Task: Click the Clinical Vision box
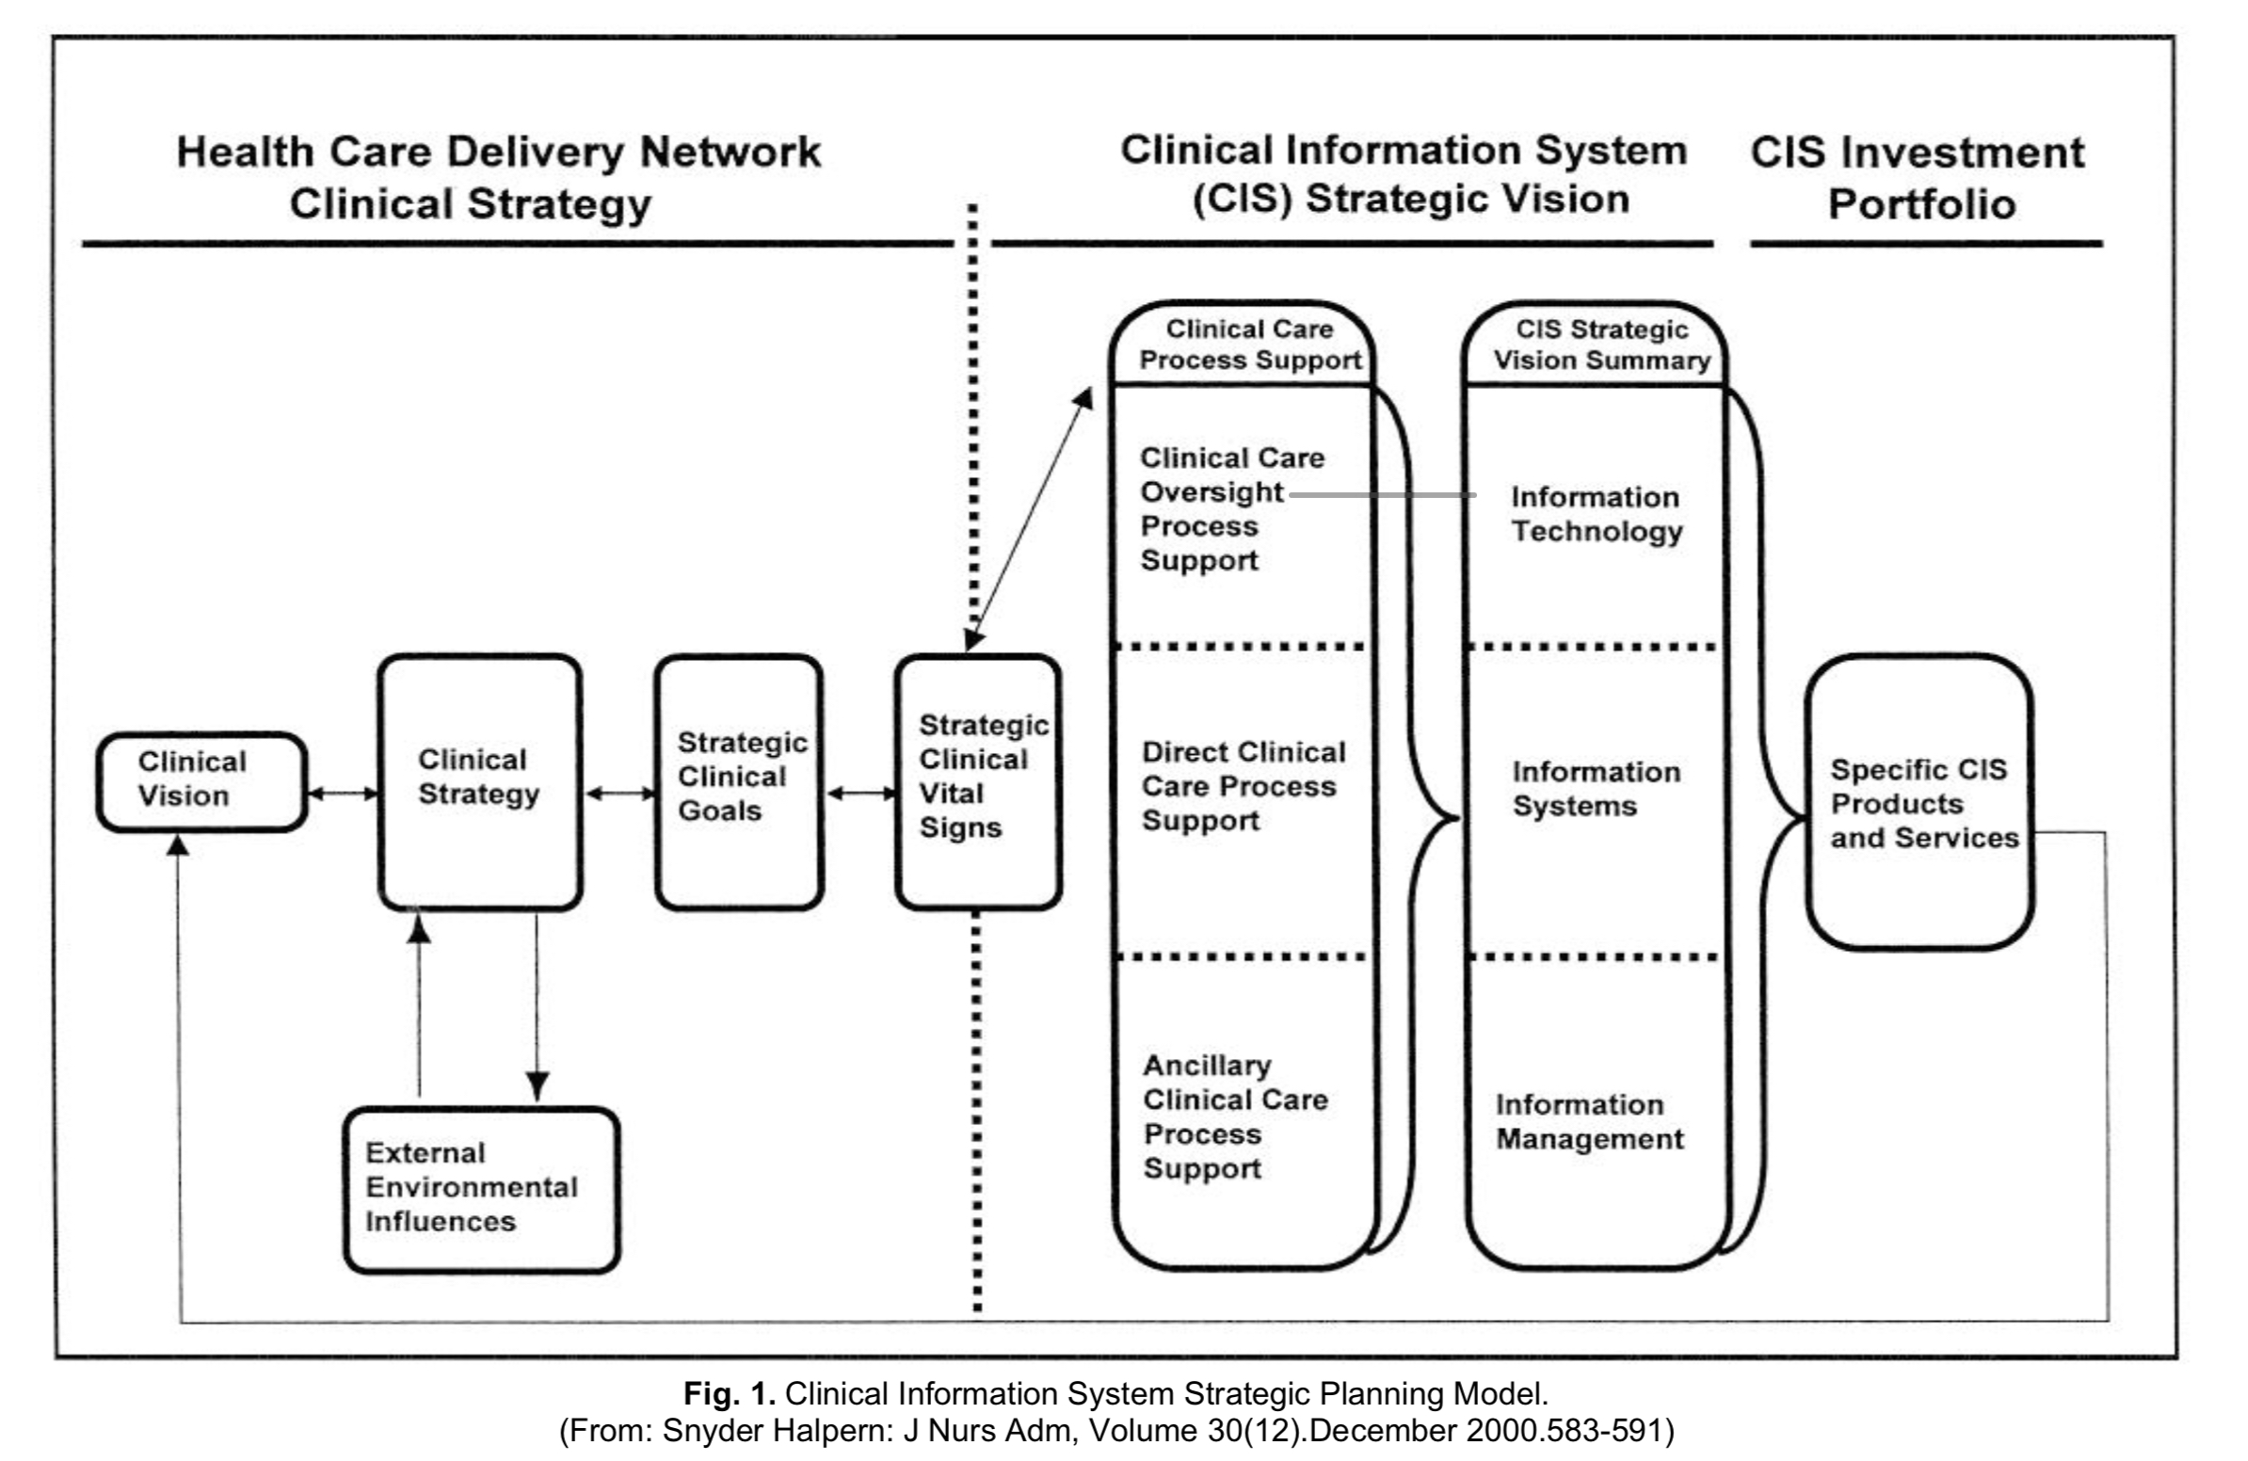coord(201,781)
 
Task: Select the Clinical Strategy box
coord(480,781)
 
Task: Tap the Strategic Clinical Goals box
coord(740,781)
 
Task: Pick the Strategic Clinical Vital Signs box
coord(978,781)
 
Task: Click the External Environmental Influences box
coord(482,1189)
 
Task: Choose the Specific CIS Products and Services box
coord(1919,803)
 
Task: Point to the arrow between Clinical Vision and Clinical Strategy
coord(343,795)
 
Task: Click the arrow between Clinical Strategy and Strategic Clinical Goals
coord(619,795)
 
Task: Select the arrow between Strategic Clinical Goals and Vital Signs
coord(860,795)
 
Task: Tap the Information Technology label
coord(1596,514)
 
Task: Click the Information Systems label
coord(1596,789)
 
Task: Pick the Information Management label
coord(1589,1121)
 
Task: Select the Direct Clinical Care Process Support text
coord(1242,786)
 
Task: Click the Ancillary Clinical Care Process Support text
coord(1234,1116)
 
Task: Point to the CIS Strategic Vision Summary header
coord(1601,345)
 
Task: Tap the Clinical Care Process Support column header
coord(1248,345)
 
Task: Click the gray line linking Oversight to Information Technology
coord(1381,495)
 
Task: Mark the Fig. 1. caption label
coord(730,1393)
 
